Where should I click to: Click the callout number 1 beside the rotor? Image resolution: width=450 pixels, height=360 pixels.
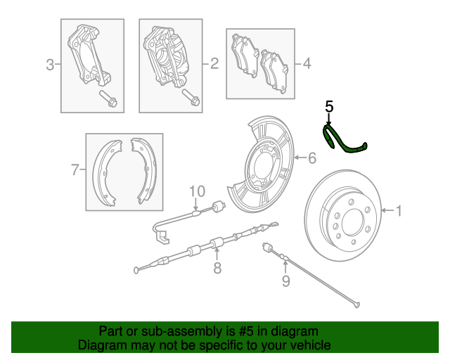point(399,210)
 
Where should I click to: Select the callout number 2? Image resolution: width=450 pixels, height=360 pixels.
point(214,65)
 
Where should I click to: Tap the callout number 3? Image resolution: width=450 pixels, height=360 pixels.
point(50,66)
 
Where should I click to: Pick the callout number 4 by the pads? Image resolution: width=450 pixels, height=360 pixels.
point(306,65)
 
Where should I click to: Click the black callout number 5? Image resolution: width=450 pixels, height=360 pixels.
point(329,107)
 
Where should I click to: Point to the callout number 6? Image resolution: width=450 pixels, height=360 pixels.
point(311,157)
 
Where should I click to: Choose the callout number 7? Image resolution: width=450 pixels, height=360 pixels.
point(75,169)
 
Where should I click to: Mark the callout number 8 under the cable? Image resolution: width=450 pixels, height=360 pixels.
point(217,267)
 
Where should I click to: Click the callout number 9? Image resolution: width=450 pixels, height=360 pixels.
point(285,282)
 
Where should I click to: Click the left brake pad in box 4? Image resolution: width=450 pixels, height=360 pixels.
point(245,56)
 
